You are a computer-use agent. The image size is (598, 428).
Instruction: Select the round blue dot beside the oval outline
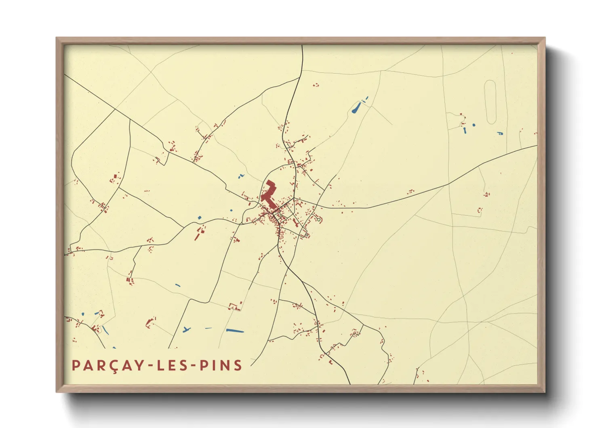[x=474, y=125]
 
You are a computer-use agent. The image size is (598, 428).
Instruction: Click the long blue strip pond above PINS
[x=235, y=331]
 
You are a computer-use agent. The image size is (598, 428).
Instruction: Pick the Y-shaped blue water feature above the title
[x=186, y=330]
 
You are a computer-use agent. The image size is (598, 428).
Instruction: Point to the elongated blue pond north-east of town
[x=357, y=108]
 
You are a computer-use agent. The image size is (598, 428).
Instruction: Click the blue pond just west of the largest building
[x=241, y=176]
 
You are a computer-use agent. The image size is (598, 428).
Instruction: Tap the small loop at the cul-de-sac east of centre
[x=319, y=220]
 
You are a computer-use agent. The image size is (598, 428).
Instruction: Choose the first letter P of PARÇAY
[x=76, y=365]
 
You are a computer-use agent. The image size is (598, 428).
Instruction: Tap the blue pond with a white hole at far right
[x=500, y=133]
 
